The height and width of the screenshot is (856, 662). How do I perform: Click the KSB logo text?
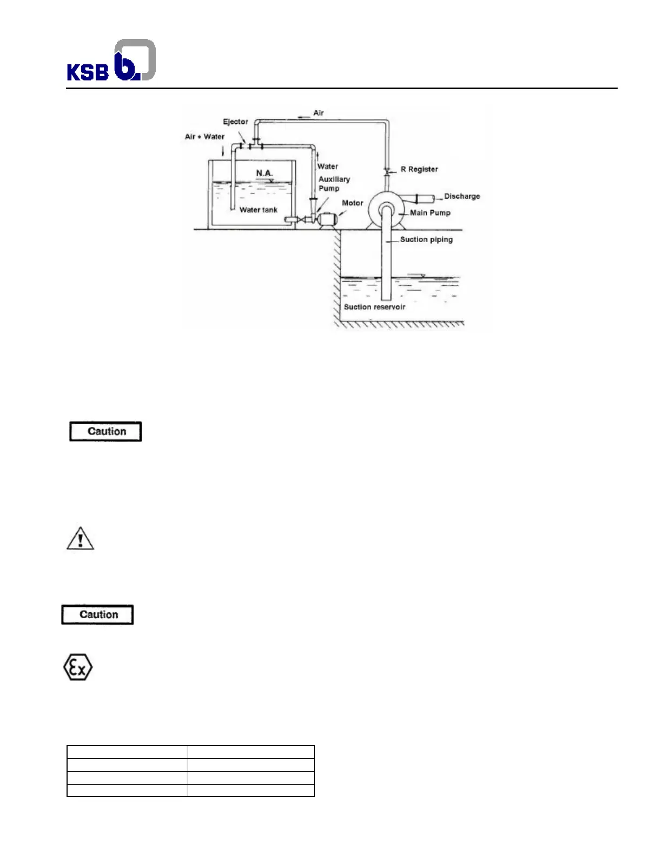coord(88,72)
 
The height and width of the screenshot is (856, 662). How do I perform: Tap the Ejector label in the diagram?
coord(235,122)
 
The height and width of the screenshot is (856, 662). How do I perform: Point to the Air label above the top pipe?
coord(319,113)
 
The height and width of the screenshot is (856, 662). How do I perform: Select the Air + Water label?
coord(204,137)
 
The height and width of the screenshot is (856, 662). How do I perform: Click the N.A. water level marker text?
coord(264,173)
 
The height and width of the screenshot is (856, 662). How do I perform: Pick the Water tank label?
coord(258,210)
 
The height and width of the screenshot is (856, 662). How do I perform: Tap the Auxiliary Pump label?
coord(334,184)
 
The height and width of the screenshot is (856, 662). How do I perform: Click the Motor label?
coord(352,203)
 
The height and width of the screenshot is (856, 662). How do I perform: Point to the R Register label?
coord(419,169)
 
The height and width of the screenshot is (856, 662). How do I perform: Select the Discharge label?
coord(462,196)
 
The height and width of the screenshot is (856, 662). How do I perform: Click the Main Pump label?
coord(430,213)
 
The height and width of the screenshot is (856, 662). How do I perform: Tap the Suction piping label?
coord(426,239)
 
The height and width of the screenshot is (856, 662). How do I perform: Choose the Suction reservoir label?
coord(374,307)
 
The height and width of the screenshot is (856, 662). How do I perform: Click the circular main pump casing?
coord(386,211)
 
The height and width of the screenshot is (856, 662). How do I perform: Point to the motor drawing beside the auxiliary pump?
coord(327,219)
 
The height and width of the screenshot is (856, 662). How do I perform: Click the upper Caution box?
coord(105,432)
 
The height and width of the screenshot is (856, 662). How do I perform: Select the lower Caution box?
coord(97,615)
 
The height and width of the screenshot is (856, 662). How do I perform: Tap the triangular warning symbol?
coord(80,539)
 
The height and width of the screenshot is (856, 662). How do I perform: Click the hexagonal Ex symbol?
coord(78,668)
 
